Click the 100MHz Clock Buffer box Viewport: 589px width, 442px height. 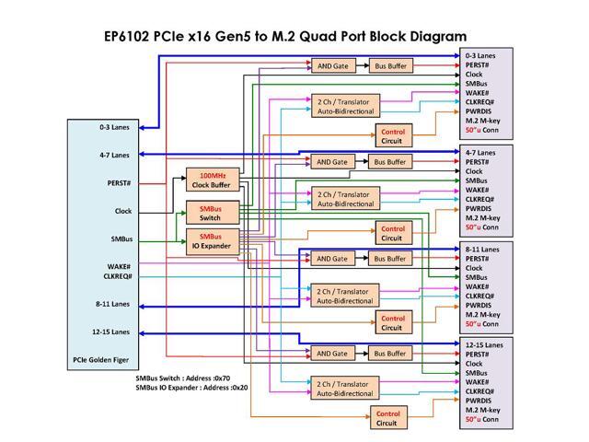tap(214, 180)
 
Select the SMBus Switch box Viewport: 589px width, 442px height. tap(211, 213)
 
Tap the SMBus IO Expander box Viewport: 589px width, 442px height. tap(211, 241)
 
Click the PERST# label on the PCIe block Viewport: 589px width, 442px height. tap(119, 183)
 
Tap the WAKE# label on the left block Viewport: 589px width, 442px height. tap(118, 267)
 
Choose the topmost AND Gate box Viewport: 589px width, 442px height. tap(332, 66)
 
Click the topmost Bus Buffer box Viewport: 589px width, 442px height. tap(390, 66)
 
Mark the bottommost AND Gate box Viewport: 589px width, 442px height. tap(332, 353)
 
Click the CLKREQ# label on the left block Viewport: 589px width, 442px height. tap(118, 276)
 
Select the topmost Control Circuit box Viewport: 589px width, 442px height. tap(391, 135)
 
